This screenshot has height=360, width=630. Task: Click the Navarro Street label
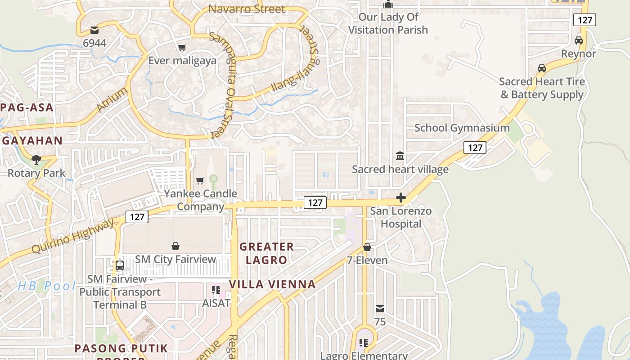click(247, 9)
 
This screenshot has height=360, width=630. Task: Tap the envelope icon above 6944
click(94, 30)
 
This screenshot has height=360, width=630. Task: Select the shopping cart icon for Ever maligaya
click(182, 47)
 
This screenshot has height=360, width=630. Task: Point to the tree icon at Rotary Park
click(36, 159)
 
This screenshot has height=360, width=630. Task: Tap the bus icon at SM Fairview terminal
click(119, 265)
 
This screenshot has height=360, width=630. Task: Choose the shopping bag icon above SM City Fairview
click(175, 246)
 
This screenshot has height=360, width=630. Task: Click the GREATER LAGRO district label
click(266, 253)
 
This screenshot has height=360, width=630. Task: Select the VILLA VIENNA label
click(272, 284)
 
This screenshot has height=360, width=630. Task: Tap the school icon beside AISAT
click(216, 290)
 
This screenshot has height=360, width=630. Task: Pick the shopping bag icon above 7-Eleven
click(367, 247)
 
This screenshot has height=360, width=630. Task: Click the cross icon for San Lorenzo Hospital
click(400, 198)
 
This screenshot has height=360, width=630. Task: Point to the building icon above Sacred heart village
click(400, 156)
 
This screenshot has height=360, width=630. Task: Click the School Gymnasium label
click(462, 128)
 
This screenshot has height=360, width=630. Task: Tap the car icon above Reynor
click(579, 40)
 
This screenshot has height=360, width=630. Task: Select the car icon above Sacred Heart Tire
click(542, 68)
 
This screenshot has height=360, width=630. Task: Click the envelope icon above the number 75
click(380, 309)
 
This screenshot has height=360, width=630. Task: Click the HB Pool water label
click(47, 286)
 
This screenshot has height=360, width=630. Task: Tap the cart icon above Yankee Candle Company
click(200, 180)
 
